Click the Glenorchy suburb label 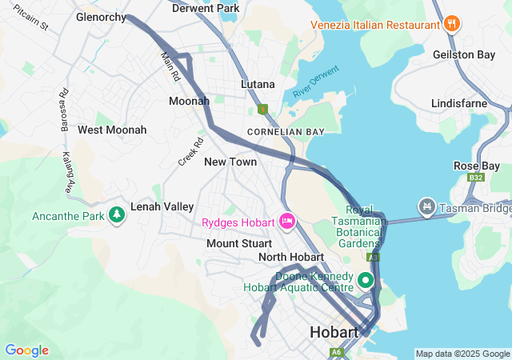point(101,17)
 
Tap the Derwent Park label point(206,8)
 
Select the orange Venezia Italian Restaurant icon point(452,22)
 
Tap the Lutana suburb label point(258,84)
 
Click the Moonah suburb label point(189,101)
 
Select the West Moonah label point(112,130)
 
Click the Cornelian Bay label point(286,131)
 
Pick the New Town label point(230,162)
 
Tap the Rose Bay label point(476,166)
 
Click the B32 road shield point(477,178)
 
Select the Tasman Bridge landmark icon point(426,208)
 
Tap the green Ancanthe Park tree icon point(117,215)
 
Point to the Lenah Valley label point(162,206)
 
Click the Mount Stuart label point(239,242)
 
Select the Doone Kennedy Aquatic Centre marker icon point(366,280)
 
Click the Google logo point(26,350)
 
